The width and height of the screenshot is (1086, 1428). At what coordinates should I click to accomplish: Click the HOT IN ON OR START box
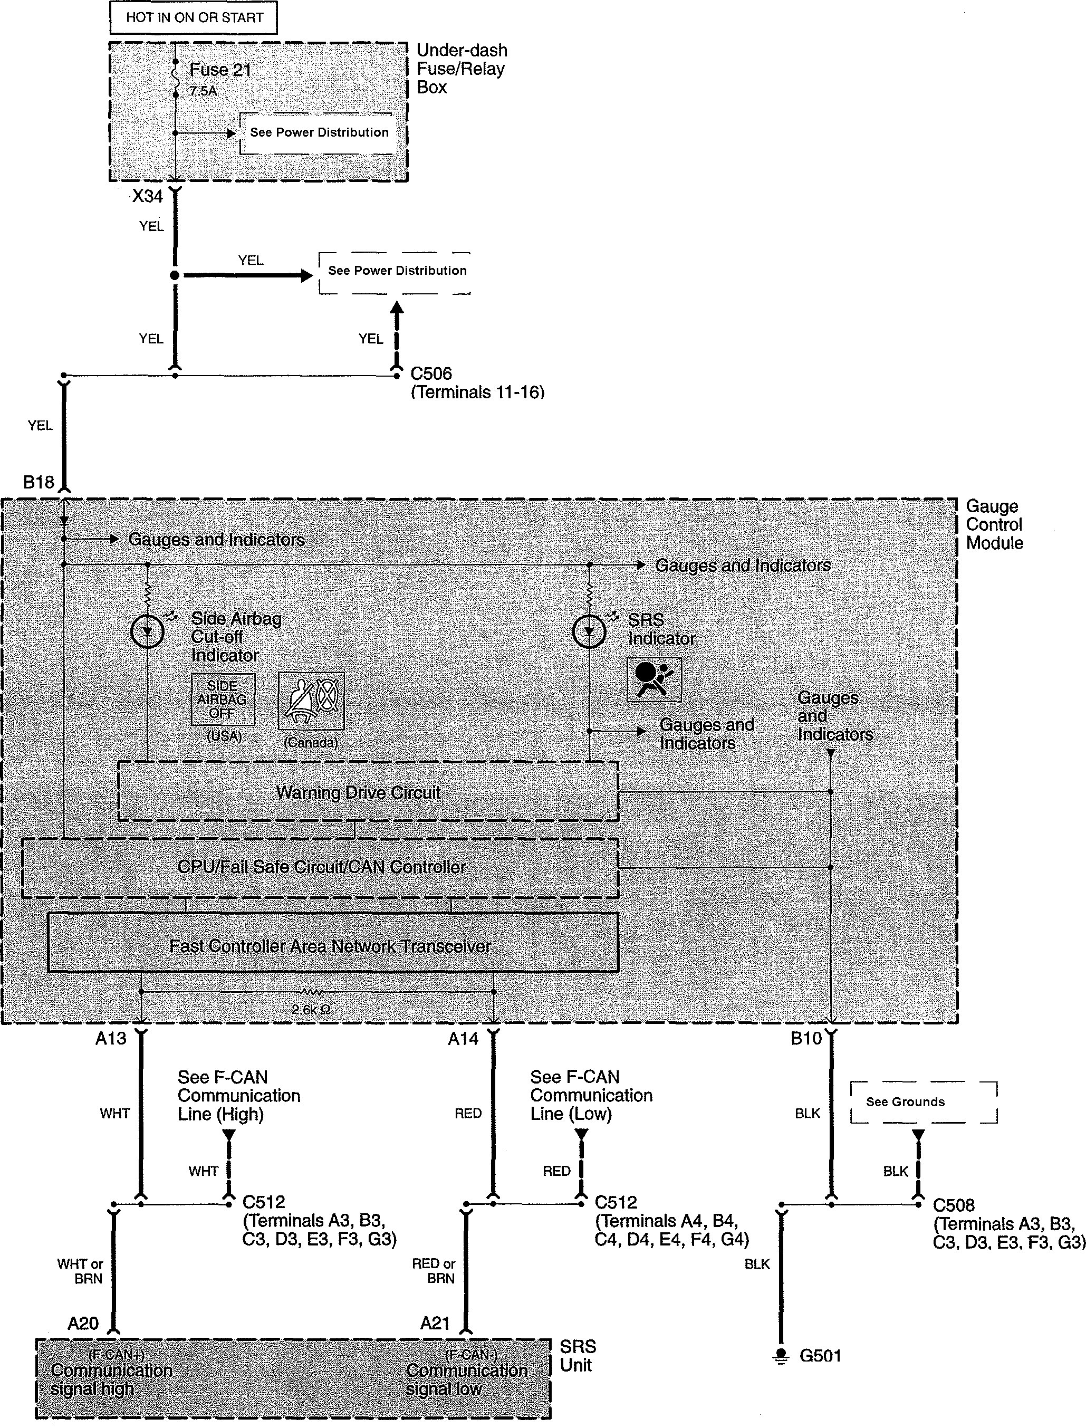[x=193, y=17]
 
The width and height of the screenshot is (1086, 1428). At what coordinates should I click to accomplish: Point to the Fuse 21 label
[x=220, y=70]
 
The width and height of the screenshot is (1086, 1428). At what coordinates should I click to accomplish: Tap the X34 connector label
[x=147, y=196]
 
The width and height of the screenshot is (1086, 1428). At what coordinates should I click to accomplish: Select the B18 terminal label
[x=38, y=482]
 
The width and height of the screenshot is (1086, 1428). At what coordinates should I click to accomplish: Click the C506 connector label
[x=431, y=373]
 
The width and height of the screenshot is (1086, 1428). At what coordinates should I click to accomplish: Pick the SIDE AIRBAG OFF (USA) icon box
[x=223, y=699]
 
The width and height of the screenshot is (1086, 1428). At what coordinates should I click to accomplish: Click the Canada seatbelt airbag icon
[x=311, y=701]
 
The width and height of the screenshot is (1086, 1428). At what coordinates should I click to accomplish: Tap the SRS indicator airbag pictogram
[x=654, y=679]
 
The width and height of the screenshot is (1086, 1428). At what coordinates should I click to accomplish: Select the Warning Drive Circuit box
[x=368, y=791]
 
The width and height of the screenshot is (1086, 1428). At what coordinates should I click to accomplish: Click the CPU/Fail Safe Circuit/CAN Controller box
[x=320, y=868]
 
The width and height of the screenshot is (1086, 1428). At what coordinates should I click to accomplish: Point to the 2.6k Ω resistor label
[x=311, y=1009]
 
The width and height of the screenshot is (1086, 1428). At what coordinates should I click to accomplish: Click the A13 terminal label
[x=111, y=1039]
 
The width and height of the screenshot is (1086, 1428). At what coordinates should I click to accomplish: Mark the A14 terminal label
[x=463, y=1039]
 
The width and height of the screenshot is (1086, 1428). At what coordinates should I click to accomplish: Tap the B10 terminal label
[x=806, y=1039]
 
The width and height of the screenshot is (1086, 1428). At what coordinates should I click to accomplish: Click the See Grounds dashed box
[x=924, y=1102]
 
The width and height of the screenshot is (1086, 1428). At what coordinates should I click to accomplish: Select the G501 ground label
[x=820, y=1356]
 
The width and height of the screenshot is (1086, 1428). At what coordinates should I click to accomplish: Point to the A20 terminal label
[x=83, y=1323]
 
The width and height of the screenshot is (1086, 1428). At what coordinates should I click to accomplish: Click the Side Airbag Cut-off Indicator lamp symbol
[x=147, y=631]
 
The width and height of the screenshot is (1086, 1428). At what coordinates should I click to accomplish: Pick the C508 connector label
[x=954, y=1205]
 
